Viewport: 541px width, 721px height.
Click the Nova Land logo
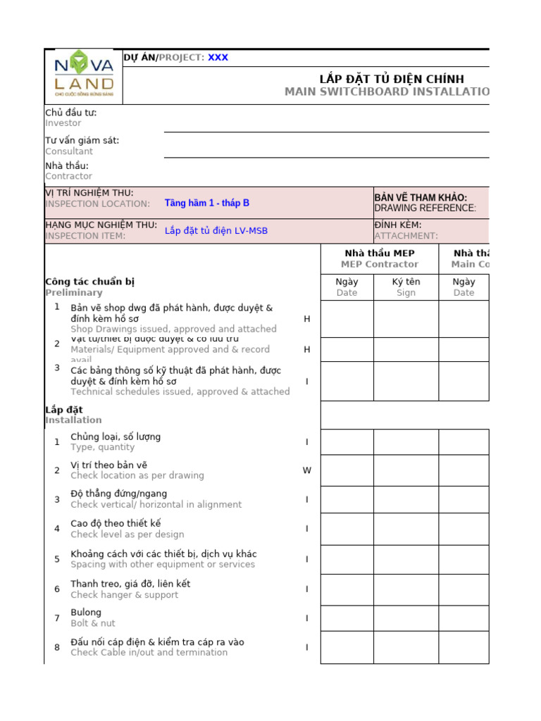pos(83,77)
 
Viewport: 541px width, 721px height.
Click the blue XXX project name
pos(218,58)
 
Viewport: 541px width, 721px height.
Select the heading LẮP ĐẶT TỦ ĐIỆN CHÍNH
pos(392,79)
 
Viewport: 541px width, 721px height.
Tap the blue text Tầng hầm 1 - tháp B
pos(206,203)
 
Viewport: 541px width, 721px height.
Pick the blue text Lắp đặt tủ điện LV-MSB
pos(216,230)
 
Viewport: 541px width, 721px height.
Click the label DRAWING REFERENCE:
pos(425,208)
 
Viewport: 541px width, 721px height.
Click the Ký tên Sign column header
pos(406,287)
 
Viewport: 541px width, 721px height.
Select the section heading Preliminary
pos(73,293)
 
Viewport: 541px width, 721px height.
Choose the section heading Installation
pos(73,420)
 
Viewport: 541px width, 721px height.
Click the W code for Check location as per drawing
pos(306,470)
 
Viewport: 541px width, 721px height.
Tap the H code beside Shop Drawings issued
pos(306,319)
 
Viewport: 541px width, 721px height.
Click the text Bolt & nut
pos(93,624)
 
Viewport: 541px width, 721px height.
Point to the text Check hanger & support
pos(124,595)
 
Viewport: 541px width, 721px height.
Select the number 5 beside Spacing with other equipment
pos(57,559)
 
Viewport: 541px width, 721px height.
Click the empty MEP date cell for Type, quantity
pos(347,442)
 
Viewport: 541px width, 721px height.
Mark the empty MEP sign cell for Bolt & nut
pos(406,618)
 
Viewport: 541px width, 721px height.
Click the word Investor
pos(63,123)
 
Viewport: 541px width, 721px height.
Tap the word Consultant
pos(69,151)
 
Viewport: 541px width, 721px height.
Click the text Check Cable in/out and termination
pos(149,653)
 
